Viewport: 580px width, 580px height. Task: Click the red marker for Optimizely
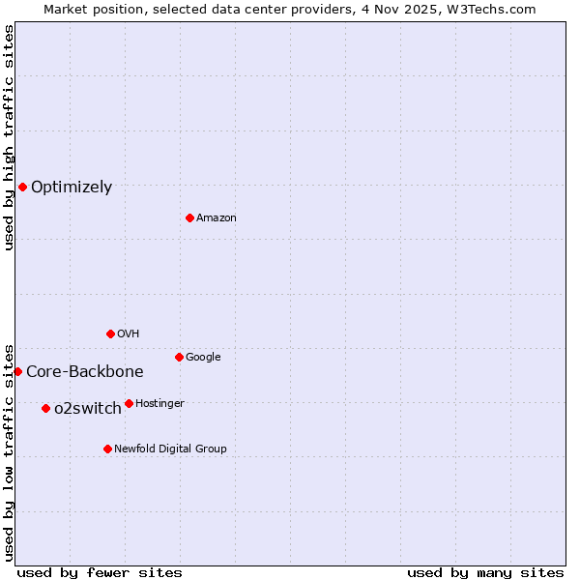coord(22,187)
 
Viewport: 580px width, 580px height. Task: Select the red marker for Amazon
coord(189,217)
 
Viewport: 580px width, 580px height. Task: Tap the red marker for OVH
coord(110,333)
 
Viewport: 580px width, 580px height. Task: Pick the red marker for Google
coord(179,357)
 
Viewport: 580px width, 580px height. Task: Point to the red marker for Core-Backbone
coord(17,371)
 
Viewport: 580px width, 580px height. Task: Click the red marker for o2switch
coord(45,408)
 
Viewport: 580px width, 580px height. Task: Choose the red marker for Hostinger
coord(129,403)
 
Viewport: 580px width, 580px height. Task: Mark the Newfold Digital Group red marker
coord(107,449)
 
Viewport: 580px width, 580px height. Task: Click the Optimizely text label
coord(72,187)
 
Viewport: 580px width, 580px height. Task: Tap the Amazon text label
coord(217,218)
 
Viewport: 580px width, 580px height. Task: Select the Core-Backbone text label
coord(85,371)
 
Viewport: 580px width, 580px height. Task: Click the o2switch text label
coord(88,408)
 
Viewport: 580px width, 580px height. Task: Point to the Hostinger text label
coord(159,403)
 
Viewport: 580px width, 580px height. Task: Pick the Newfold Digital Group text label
coord(170,449)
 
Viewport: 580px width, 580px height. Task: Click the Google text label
coord(203,357)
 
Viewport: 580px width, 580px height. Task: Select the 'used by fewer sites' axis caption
coord(100,572)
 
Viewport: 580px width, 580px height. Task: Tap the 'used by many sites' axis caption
coord(485,572)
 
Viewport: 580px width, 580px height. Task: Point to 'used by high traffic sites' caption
coord(9,138)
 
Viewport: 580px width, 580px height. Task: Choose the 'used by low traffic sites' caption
coord(9,451)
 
